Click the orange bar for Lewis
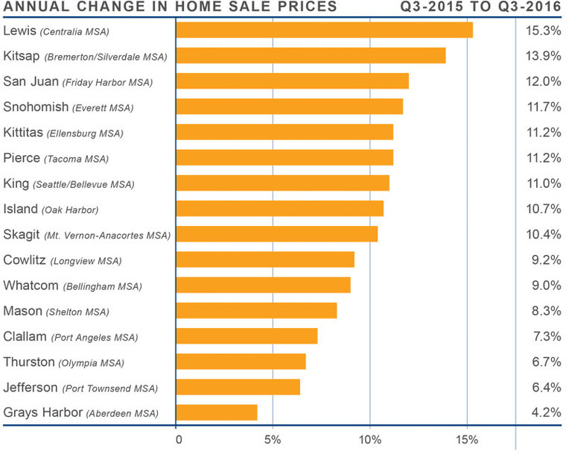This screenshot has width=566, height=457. [324, 30]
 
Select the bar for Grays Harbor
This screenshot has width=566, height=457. [217, 412]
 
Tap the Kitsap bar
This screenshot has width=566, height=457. [311, 55]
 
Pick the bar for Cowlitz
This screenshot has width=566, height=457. [265, 259]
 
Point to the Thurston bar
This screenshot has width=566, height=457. [241, 362]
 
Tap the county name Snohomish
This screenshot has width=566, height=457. [36, 107]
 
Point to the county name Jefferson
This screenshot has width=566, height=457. [31, 388]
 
